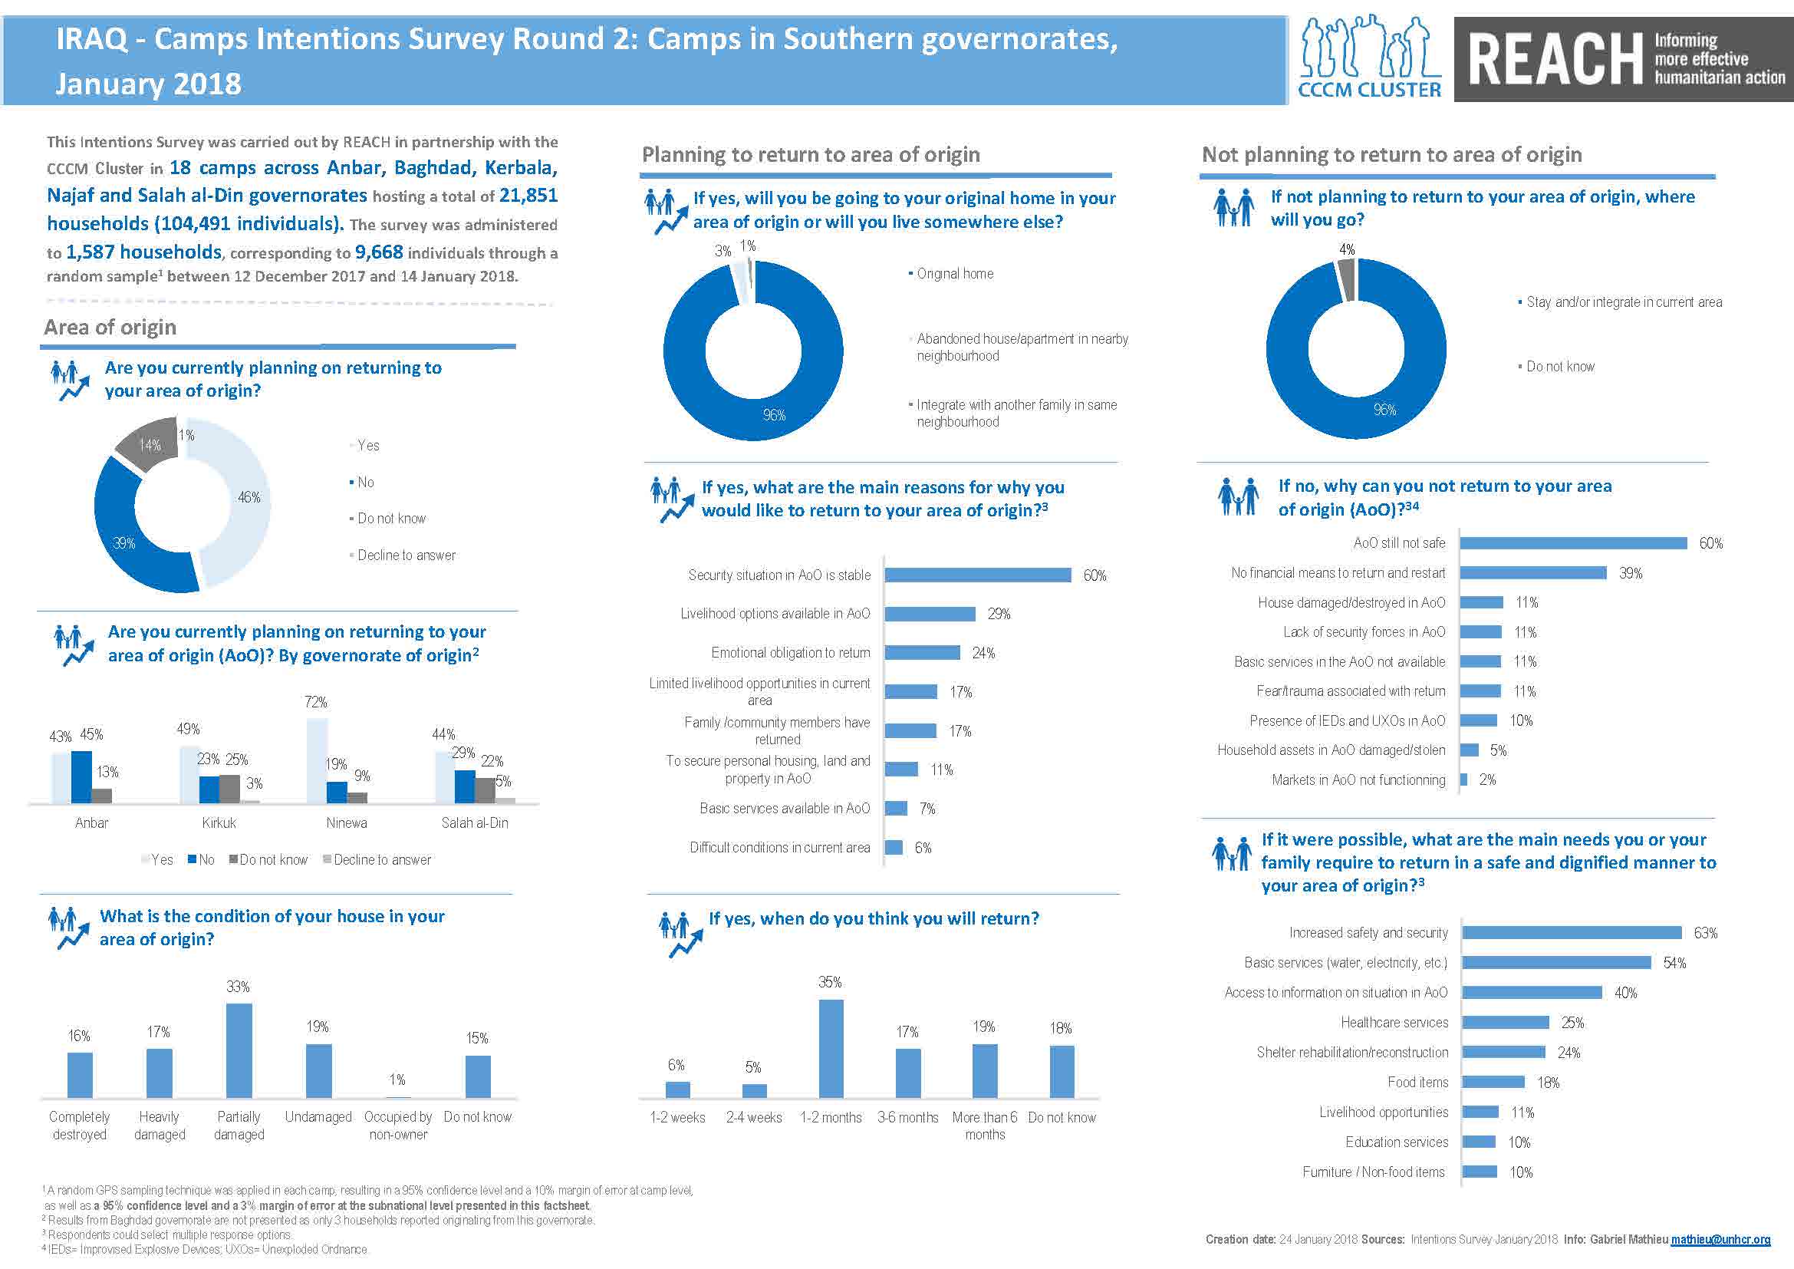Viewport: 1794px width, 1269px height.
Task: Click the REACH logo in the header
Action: pos(1623,59)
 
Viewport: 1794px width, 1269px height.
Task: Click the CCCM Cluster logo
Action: pos(1369,59)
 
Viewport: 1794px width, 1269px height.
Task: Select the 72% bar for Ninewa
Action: pos(317,760)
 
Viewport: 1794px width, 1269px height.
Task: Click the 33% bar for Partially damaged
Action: pos(239,1050)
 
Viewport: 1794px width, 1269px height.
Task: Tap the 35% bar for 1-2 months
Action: pos(831,1048)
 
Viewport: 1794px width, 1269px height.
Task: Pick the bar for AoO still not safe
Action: pos(1573,543)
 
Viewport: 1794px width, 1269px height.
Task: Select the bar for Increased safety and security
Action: pos(1572,933)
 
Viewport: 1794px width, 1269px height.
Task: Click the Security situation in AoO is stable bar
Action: pos(977,575)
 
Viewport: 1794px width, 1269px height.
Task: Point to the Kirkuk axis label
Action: pos(219,822)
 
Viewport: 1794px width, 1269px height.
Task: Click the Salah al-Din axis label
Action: pos(474,822)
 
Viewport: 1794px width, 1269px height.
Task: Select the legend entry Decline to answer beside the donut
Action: pos(406,555)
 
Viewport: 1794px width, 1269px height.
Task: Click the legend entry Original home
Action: pos(954,274)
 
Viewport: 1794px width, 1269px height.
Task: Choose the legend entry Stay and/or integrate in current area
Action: pos(1623,302)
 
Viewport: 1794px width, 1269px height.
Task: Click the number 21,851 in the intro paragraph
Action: pos(528,196)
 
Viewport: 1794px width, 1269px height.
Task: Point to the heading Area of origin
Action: pos(110,328)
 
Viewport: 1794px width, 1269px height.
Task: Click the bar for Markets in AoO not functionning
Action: pos(1463,780)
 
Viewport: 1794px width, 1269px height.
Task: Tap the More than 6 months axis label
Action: pos(985,1126)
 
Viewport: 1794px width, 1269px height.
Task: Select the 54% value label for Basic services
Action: pos(1674,964)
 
